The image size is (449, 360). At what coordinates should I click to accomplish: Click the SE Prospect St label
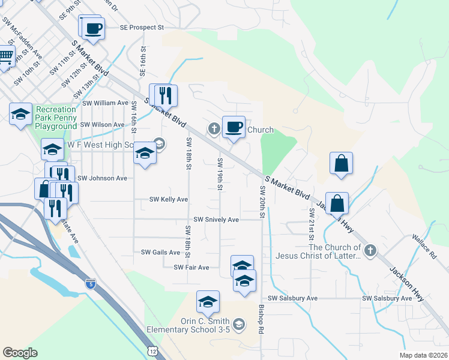142,28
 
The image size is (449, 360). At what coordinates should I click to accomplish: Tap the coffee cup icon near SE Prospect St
93,28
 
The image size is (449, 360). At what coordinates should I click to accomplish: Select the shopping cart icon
5,58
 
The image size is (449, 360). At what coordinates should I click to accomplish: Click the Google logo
20,353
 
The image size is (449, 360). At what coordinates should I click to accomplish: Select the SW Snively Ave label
216,220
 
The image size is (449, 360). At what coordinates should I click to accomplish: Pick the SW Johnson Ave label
102,178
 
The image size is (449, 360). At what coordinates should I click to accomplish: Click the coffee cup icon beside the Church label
234,127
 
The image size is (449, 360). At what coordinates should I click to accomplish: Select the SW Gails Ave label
160,253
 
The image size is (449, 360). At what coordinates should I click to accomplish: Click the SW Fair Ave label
191,268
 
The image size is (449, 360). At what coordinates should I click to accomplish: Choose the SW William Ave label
105,103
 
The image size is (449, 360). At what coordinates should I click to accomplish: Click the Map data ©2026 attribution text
424,355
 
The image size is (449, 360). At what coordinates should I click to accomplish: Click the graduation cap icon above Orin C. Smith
208,302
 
